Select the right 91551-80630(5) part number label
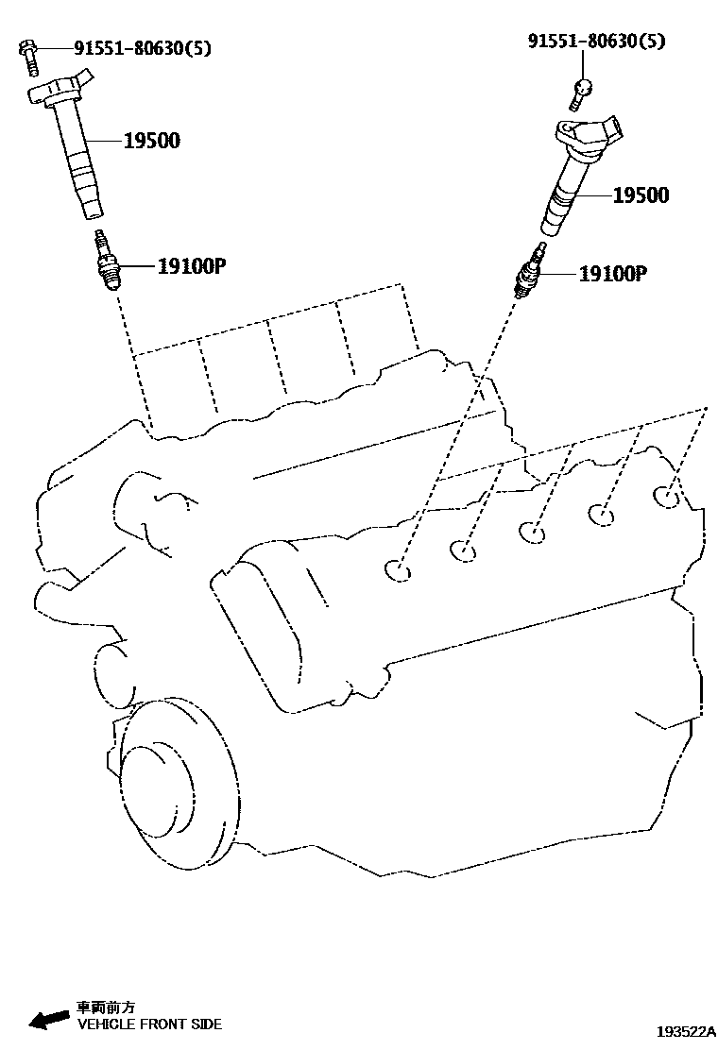pyautogui.click(x=595, y=41)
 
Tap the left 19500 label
pyautogui.click(x=151, y=141)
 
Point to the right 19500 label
pyautogui.click(x=640, y=195)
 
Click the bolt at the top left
pyautogui.click(x=28, y=54)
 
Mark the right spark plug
pyautogui.click(x=529, y=271)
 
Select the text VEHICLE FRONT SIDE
pyautogui.click(x=149, y=1024)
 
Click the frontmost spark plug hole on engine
pyautogui.click(x=397, y=569)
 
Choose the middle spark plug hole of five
pyautogui.click(x=532, y=532)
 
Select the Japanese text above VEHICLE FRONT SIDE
pyautogui.click(x=106, y=1008)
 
